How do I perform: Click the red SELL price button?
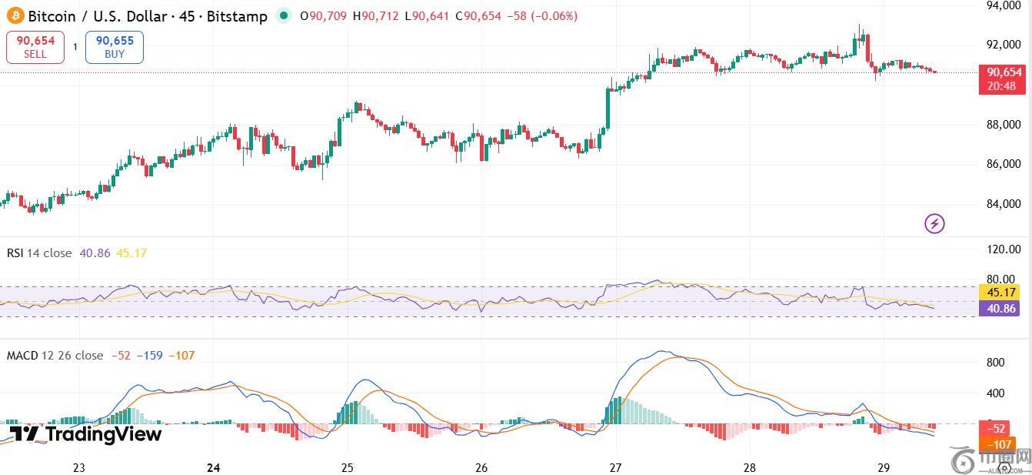click(35, 47)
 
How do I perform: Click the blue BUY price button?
click(115, 47)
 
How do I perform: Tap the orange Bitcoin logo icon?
click(15, 15)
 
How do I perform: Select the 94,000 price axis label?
click(1004, 6)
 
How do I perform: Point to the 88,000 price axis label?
click(1004, 125)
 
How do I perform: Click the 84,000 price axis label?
click(1004, 204)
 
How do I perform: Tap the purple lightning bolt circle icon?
click(934, 224)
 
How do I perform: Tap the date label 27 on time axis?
click(615, 467)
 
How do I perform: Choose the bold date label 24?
click(214, 467)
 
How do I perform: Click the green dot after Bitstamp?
click(285, 15)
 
